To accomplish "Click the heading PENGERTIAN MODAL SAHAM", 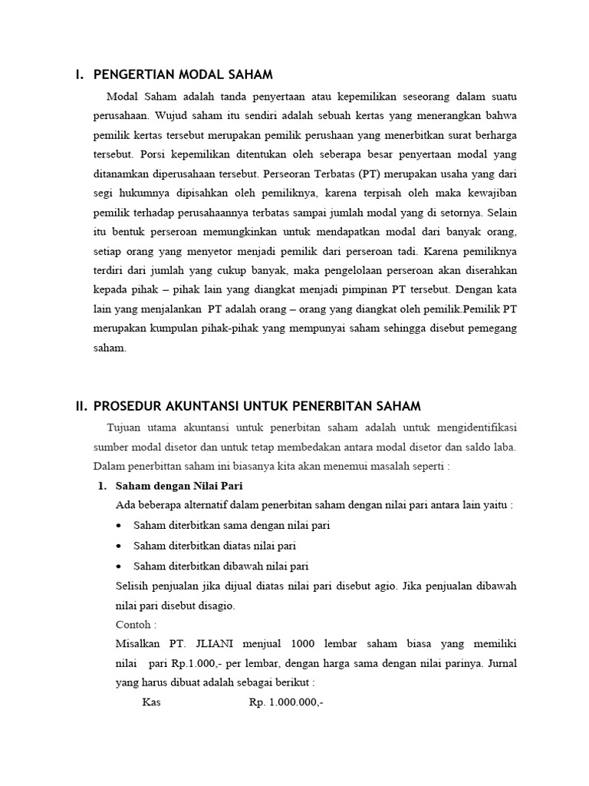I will [183, 74].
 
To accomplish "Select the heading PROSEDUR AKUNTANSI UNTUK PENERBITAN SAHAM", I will [257, 406].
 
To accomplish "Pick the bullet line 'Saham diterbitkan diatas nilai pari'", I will [215, 546].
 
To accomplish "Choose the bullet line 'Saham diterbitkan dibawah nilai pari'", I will [221, 566].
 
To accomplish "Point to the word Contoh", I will [134, 626].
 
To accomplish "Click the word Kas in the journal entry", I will [153, 702].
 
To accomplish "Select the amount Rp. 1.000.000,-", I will [286, 702].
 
